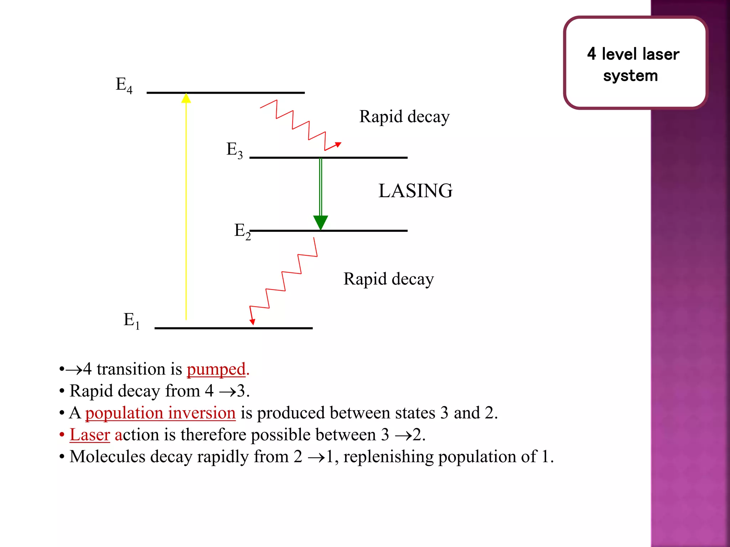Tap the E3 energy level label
coord(235,150)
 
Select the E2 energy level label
coord(242,231)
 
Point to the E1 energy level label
coord(131,320)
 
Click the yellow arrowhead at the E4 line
coord(186,98)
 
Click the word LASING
coord(415,191)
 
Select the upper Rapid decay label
coord(404,117)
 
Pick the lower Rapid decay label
coord(389,279)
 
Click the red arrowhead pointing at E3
coord(338,145)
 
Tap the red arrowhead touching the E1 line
coord(252,322)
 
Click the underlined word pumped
coord(216,369)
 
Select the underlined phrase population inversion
coord(160,413)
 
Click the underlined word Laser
coord(90,435)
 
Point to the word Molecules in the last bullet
coord(107,457)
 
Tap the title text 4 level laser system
coord(633,64)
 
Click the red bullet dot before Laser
coord(62,435)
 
